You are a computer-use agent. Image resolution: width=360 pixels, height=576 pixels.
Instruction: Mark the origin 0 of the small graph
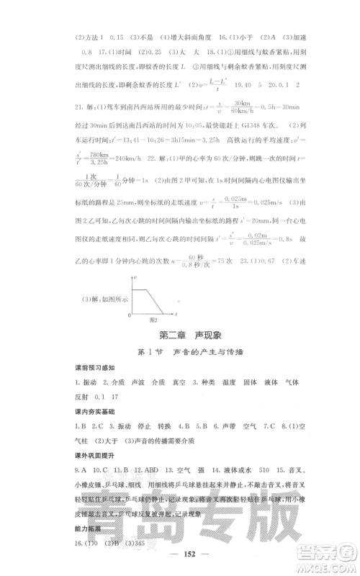click(130, 315)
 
